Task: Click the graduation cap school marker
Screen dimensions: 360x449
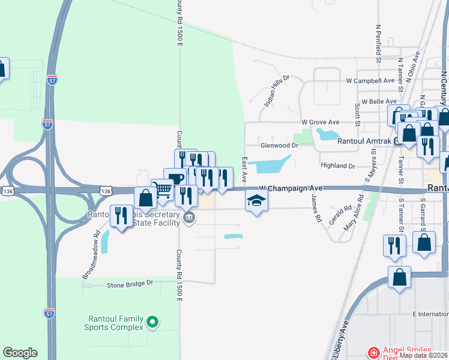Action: tap(256, 202)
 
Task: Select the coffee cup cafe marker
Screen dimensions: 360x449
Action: tap(175, 178)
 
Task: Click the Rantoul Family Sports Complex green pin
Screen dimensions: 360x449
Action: tap(152, 322)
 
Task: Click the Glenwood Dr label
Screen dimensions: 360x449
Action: tap(279, 145)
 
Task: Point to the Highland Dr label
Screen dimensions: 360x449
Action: tap(338, 165)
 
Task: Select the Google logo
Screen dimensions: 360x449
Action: tap(20, 353)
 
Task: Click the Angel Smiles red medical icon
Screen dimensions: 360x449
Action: tap(373, 353)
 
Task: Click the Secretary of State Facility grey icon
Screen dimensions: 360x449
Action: tap(189, 217)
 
